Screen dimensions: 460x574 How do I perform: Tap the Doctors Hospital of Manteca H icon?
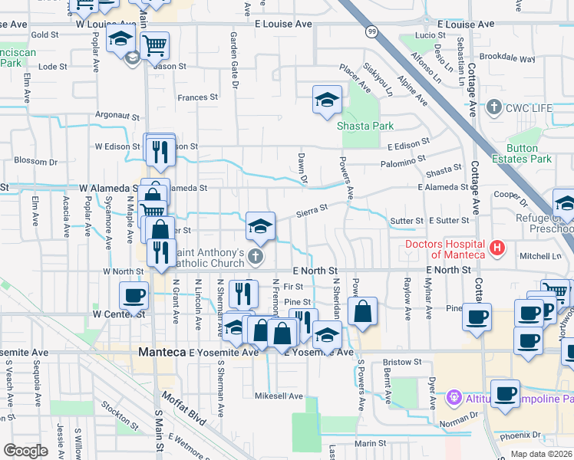coord(497,248)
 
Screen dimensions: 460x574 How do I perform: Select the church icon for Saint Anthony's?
coord(260,257)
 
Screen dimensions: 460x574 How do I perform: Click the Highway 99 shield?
coord(371,31)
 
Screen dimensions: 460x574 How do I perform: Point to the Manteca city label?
coord(162,352)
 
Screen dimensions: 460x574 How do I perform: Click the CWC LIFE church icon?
coord(494,107)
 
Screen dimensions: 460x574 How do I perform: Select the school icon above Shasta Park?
coord(327,100)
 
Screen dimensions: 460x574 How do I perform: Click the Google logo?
coord(25,450)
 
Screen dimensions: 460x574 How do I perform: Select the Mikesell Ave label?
coord(279,396)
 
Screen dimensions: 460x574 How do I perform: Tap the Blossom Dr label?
coord(36,162)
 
